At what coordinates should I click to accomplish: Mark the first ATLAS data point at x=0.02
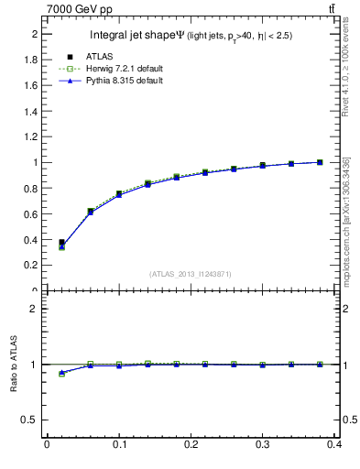[x=61, y=243]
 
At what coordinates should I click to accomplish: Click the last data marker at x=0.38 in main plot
[x=320, y=162]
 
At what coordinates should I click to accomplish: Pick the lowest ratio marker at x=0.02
[x=61, y=374]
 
